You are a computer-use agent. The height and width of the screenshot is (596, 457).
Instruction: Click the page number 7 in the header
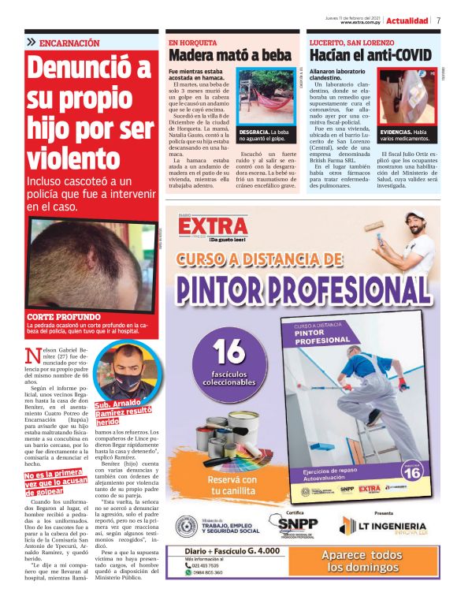(x=438, y=20)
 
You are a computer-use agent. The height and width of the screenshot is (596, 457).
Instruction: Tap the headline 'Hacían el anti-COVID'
(x=370, y=55)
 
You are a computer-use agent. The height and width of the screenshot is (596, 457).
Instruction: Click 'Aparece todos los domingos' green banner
(x=362, y=561)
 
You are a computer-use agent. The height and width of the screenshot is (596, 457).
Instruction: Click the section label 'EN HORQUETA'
(x=193, y=42)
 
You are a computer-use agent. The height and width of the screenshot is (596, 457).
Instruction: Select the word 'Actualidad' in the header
(x=407, y=20)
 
